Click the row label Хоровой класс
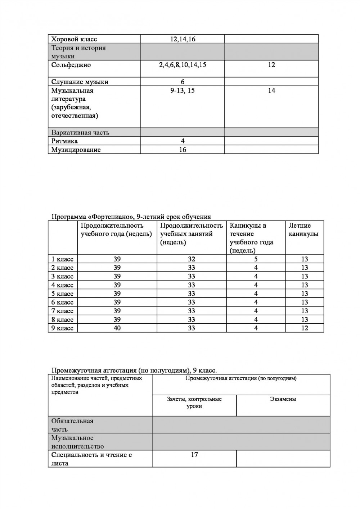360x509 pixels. click(x=74, y=39)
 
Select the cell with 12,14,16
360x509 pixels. click(x=183, y=39)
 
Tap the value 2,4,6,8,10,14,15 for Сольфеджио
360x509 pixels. click(x=183, y=65)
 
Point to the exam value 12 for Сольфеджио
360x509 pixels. click(x=271, y=65)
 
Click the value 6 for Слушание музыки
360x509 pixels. click(x=183, y=82)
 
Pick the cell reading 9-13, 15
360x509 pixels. click(x=183, y=91)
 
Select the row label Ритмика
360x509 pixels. click(x=64, y=141)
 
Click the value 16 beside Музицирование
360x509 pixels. click(x=183, y=150)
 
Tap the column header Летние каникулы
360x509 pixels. click(x=303, y=229)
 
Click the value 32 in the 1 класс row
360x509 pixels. click(x=192, y=259)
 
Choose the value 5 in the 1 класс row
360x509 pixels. click(x=256, y=259)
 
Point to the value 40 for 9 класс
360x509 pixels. click(x=117, y=328)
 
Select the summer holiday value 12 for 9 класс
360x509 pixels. click(x=305, y=328)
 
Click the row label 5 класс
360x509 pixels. click(x=62, y=294)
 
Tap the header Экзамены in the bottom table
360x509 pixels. click(x=283, y=399)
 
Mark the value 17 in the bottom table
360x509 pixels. click(x=194, y=455)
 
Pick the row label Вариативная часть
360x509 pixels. click(x=80, y=132)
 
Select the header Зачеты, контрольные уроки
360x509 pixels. click(x=194, y=403)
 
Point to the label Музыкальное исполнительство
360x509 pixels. click(x=77, y=442)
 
